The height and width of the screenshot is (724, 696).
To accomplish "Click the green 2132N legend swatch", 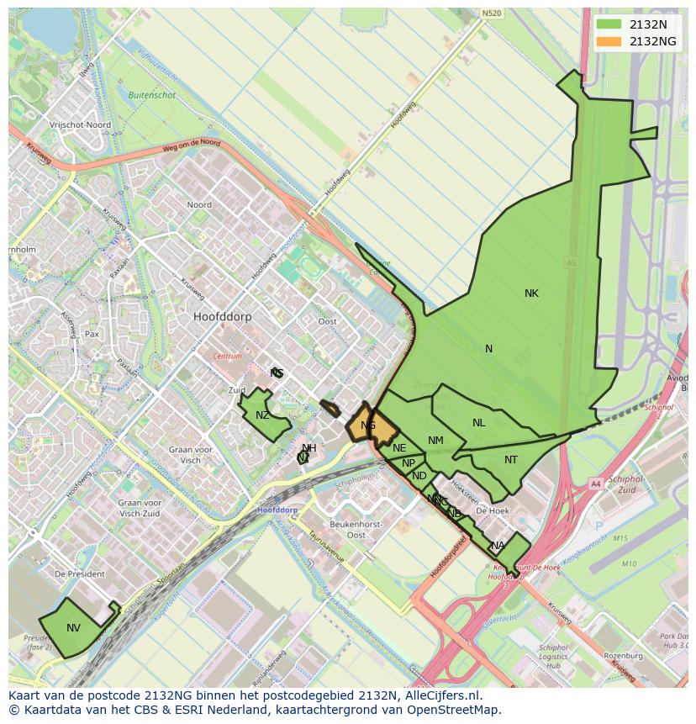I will [609, 24].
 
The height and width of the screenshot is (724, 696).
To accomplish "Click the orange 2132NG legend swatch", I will [609, 41].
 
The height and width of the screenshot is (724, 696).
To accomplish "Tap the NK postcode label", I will [531, 293].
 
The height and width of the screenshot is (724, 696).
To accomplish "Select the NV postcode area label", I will [74, 628].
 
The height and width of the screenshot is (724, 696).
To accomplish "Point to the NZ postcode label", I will [263, 415].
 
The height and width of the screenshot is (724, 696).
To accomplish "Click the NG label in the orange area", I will [368, 425].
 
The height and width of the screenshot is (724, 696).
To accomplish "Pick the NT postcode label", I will [511, 460].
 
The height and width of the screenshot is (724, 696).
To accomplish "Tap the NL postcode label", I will [478, 423].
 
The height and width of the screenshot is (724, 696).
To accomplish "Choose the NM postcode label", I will [435, 441].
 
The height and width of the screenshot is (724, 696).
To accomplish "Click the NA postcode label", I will [498, 546].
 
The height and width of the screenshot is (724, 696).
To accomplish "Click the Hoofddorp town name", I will [222, 317].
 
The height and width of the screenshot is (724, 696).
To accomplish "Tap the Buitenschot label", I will [152, 95].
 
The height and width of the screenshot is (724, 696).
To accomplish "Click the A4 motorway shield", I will [596, 484].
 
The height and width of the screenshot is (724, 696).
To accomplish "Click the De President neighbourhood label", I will [79, 573].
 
